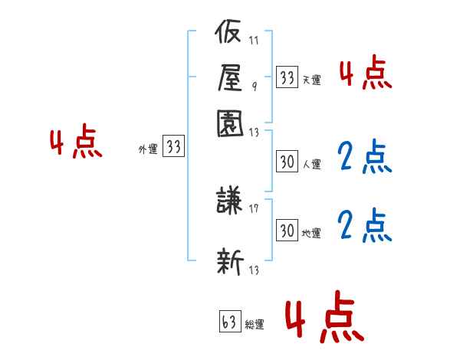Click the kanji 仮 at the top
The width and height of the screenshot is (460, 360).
[228, 31]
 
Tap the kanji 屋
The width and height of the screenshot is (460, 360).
[230, 77]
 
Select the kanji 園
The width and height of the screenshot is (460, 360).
[230, 123]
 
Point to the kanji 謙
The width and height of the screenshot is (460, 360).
[229, 200]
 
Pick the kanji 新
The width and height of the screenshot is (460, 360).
[230, 261]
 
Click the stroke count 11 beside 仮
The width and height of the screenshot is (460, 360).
[254, 40]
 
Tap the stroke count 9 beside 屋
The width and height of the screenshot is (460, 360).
[255, 86]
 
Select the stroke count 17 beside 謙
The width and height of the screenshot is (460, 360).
[254, 208]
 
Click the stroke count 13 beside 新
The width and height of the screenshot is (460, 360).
[254, 270]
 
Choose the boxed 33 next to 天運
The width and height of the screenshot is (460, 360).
[287, 77]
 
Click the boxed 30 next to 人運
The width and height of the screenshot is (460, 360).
[287, 162]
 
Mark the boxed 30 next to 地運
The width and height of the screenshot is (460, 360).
[287, 230]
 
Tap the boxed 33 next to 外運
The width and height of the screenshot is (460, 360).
[174, 146]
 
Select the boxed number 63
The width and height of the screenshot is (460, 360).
[230, 321]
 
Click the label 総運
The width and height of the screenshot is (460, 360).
[255, 324]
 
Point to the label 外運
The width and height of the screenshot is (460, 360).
[148, 149]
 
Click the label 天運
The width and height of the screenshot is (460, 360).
[312, 80]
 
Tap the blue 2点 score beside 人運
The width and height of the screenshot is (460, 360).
[365, 156]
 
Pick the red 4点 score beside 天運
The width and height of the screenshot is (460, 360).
[366, 72]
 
